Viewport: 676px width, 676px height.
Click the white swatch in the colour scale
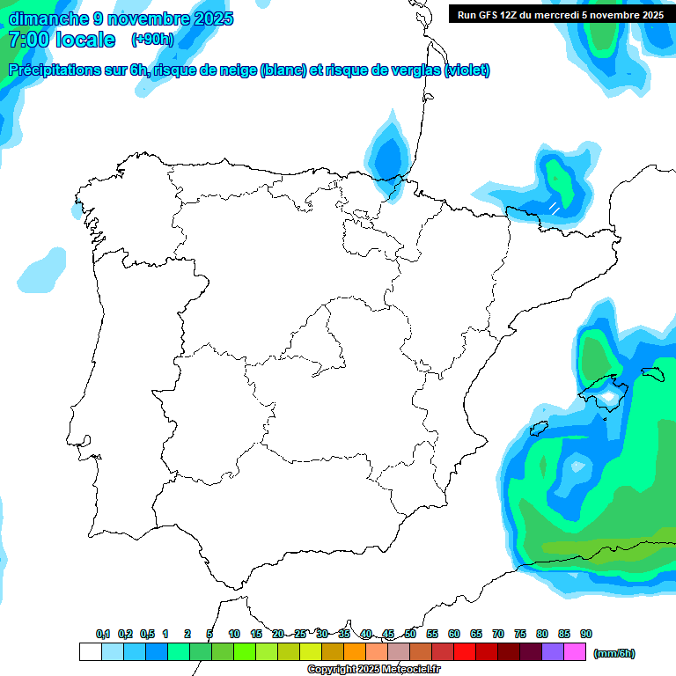click(90, 652)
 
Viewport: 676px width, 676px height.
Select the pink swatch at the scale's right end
click(575, 652)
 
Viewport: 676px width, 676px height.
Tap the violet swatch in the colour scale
click(553, 652)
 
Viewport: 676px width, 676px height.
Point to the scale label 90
click(586, 634)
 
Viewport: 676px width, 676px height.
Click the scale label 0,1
click(103, 634)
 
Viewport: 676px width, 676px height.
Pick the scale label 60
click(454, 634)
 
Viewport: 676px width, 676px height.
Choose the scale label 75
click(520, 634)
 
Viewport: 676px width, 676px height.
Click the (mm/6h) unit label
click(614, 653)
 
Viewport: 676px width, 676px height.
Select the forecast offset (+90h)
click(152, 40)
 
